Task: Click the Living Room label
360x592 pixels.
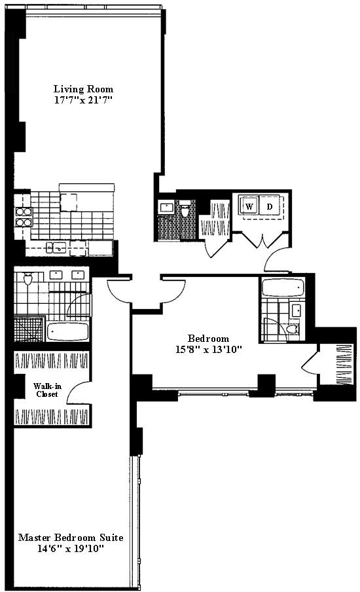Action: point(83,89)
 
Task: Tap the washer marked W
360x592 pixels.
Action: point(249,206)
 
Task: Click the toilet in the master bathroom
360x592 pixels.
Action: point(27,280)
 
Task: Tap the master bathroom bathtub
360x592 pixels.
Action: point(67,331)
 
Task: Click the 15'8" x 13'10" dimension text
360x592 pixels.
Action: point(210,350)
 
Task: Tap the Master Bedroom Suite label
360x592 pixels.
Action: point(71,537)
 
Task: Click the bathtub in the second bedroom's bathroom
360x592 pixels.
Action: point(282,287)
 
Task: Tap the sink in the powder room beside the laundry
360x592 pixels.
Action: point(167,208)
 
